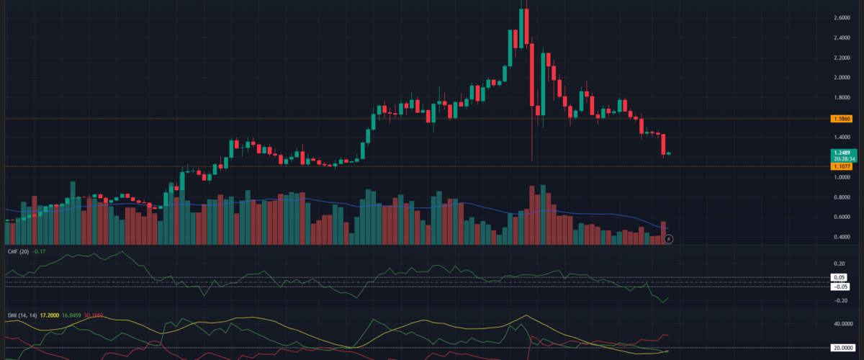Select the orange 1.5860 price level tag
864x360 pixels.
tap(840, 117)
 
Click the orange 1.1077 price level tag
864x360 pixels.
tap(840, 166)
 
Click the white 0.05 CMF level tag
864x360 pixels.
tap(840, 277)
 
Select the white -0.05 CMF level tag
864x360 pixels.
tap(840, 286)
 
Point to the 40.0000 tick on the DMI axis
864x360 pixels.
tap(842, 324)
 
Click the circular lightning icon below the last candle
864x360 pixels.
tap(668, 239)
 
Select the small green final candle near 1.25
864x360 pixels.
tap(669, 153)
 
